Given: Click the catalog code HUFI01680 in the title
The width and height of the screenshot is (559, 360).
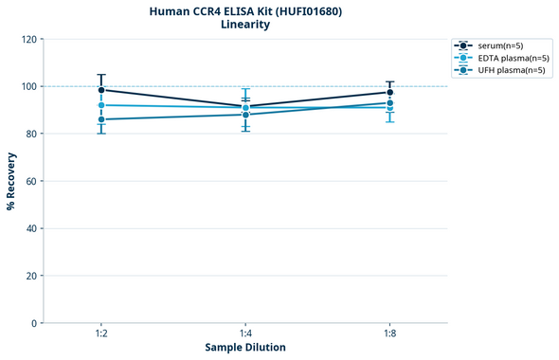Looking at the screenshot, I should pyautogui.click(x=308, y=11).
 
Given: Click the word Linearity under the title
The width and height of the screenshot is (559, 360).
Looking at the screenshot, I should pyautogui.click(x=245, y=26).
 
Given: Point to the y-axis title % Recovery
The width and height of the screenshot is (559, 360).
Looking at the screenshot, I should pyautogui.click(x=11, y=181).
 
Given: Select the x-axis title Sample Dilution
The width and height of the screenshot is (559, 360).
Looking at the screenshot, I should pyautogui.click(x=245, y=348).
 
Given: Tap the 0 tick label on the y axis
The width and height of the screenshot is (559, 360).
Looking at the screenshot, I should pyautogui.click(x=34, y=323).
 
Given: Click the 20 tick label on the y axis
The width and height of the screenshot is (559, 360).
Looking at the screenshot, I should pyautogui.click(x=31, y=276).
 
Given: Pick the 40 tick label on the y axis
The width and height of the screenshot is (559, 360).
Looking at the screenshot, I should pyautogui.click(x=31, y=228).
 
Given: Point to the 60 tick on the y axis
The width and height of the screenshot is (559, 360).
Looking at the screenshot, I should pyautogui.click(x=31, y=181).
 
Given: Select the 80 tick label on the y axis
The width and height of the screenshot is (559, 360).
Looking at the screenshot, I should pyautogui.click(x=31, y=134).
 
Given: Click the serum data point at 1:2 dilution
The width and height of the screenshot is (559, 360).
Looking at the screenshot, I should pyautogui.click(x=101, y=90).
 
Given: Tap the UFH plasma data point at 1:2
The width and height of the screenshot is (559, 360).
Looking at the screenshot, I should pyautogui.click(x=101, y=119).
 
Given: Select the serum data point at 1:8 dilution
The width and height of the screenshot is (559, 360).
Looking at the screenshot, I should pyautogui.click(x=389, y=92).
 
